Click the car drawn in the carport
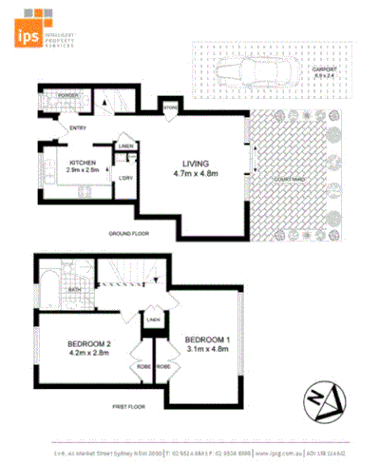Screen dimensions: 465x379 point(250,70)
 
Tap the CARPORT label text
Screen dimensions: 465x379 point(324,69)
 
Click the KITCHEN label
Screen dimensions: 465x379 point(84,164)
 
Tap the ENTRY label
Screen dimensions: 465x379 point(66,128)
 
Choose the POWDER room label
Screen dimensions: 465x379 point(67,96)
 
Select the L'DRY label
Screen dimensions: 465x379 point(124,178)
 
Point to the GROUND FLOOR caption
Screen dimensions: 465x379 point(130,233)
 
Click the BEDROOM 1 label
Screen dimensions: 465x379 point(207,339)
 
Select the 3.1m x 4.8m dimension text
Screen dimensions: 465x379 point(207,350)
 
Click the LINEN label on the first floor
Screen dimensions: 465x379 point(153,320)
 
